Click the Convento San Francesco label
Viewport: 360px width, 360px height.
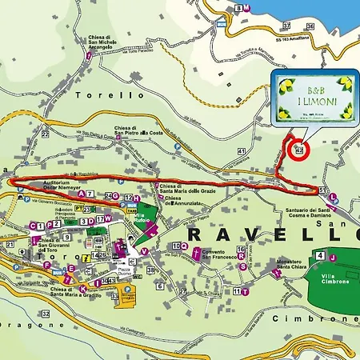(218, 256)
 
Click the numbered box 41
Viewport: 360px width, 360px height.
(241, 150)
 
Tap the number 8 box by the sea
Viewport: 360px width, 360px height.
(240, 8)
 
